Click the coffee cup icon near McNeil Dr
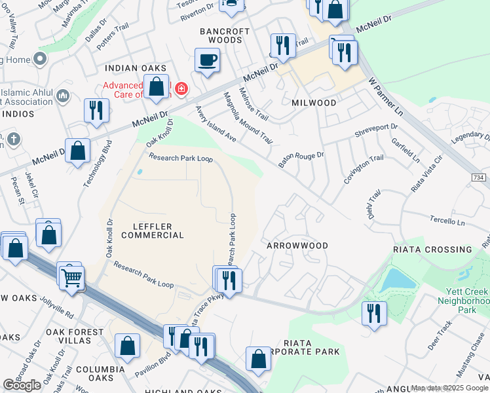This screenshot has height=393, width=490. [207, 61]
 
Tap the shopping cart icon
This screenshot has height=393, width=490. [73, 278]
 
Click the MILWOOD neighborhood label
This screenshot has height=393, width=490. [314, 103]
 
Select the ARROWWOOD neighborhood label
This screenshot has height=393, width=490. [297, 245]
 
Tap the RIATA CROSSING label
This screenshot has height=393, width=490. [432, 250]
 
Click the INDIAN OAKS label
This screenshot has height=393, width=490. [136, 68]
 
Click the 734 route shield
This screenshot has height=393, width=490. [480, 178]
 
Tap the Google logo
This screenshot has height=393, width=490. [22, 385]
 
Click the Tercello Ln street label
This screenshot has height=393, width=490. [447, 221]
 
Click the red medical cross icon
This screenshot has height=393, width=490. [180, 88]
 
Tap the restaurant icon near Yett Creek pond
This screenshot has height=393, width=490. [374, 312]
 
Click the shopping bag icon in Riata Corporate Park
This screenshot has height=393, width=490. [259, 358]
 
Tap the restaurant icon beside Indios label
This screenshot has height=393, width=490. [96, 110]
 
